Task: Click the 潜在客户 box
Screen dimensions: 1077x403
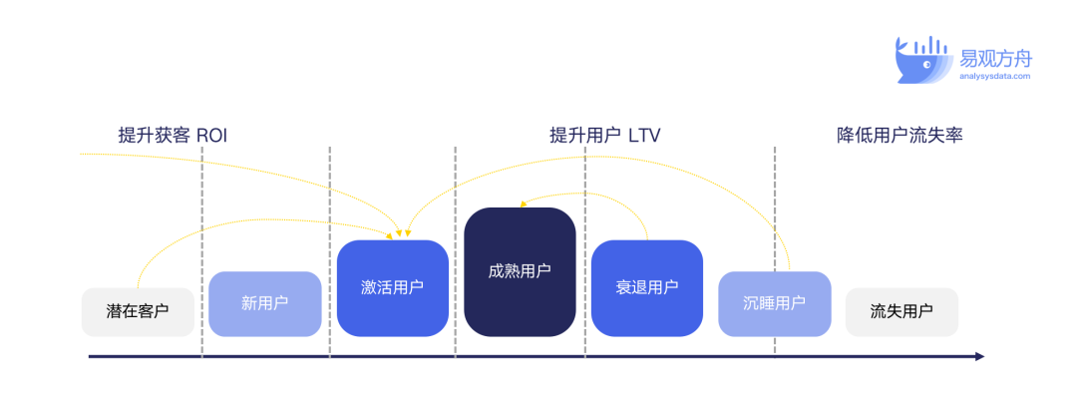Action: (138, 311)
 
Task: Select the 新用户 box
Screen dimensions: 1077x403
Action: (265, 304)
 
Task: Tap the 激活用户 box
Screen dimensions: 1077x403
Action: (392, 288)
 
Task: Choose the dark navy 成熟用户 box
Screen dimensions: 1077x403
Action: (520, 272)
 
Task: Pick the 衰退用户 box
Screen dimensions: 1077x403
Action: (647, 288)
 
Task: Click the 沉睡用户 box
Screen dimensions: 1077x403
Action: (774, 304)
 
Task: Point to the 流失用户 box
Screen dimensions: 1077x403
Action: (901, 311)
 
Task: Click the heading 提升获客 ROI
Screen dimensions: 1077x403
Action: (173, 136)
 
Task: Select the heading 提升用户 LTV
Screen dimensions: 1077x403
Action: (605, 136)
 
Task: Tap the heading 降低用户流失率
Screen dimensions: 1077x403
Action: (899, 136)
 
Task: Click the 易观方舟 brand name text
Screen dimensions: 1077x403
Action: (996, 58)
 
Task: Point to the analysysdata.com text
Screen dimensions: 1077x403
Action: (995, 76)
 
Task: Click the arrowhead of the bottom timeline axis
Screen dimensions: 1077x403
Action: (980, 356)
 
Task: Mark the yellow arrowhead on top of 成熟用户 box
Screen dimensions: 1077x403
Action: (524, 203)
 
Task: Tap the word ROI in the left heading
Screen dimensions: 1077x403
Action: (211, 136)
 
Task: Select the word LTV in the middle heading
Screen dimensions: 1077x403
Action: (644, 136)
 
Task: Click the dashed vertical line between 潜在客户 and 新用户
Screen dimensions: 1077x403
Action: (201, 251)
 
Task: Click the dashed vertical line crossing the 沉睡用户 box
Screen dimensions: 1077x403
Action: (775, 251)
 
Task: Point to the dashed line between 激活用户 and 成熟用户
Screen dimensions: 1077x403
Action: (456, 251)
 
